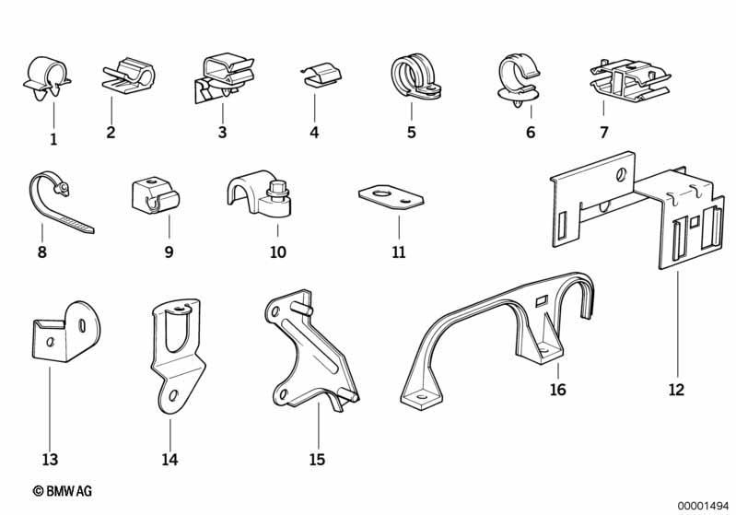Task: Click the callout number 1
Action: click(53, 139)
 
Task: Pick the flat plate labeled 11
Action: click(391, 197)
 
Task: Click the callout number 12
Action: click(676, 390)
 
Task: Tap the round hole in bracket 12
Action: click(621, 175)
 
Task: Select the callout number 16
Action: click(557, 390)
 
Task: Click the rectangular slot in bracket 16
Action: click(542, 299)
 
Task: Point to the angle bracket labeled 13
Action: click(65, 333)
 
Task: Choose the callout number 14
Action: click(169, 459)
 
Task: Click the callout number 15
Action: click(317, 459)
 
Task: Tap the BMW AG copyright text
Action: click(63, 491)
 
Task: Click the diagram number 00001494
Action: click(703, 506)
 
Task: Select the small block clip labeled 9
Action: click(155, 194)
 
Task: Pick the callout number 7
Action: click(604, 133)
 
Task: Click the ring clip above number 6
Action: click(519, 81)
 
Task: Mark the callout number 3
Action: click(223, 133)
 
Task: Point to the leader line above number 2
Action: click(111, 110)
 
